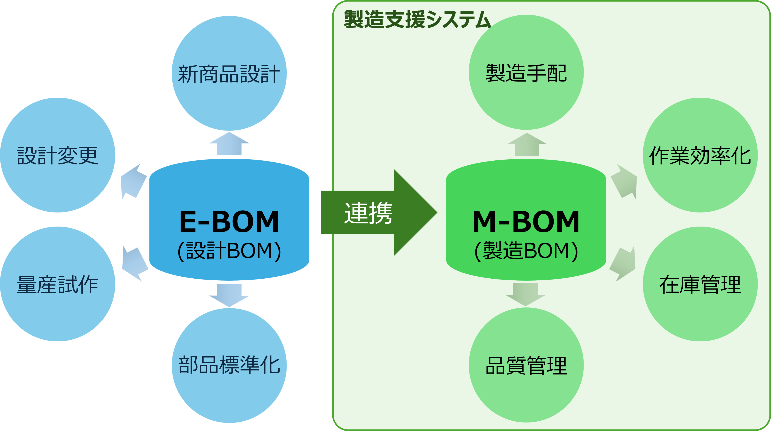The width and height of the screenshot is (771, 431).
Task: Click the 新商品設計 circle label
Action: click(x=229, y=74)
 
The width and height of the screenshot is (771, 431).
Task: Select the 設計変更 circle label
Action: click(x=58, y=156)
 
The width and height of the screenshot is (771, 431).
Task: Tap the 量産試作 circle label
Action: click(x=58, y=284)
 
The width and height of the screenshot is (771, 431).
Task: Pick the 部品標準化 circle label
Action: click(x=229, y=365)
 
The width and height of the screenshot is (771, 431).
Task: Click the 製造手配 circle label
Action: click(x=526, y=73)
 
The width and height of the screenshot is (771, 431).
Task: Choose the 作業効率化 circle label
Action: click(x=700, y=156)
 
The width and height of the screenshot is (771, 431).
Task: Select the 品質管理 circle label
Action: click(x=526, y=366)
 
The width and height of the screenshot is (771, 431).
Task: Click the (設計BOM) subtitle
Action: click(x=229, y=250)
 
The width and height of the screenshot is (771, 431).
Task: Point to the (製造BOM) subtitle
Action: click(x=526, y=250)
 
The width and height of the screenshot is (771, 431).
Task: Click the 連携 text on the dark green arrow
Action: click(x=368, y=213)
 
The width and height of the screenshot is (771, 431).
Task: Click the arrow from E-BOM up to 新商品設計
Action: click(x=229, y=144)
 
